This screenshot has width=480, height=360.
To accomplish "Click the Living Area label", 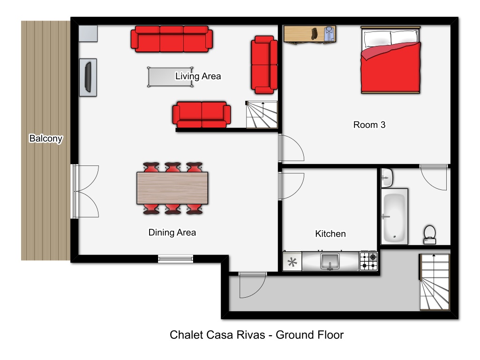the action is [198, 76].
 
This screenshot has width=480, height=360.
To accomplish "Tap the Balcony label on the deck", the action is [46, 138].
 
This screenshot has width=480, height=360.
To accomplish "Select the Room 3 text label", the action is [369, 125].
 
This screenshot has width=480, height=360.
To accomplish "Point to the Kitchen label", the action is [330, 233].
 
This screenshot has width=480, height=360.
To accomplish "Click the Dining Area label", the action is [172, 232].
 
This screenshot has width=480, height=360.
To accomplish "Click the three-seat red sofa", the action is [172, 39].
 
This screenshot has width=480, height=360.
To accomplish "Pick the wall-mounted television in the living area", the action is [88, 77].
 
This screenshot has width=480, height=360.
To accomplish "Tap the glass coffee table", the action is [170, 77].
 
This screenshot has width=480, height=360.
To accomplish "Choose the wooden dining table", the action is [172, 188].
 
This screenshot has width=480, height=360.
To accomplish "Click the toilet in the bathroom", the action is [429, 235].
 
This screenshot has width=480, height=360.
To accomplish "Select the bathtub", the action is [394, 217].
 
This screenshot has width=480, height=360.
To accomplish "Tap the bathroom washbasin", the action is [387, 178].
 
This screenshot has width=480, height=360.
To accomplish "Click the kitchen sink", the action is [330, 261].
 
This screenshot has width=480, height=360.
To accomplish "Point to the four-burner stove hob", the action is [368, 261].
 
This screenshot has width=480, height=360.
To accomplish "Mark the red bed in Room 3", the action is [390, 60].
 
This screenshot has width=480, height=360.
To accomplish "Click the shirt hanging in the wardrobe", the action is [329, 34].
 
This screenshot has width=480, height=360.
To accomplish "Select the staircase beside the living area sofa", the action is [262, 115].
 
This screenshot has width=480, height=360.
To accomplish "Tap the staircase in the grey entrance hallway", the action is [435, 282].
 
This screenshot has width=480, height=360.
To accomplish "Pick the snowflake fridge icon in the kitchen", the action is [292, 262].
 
